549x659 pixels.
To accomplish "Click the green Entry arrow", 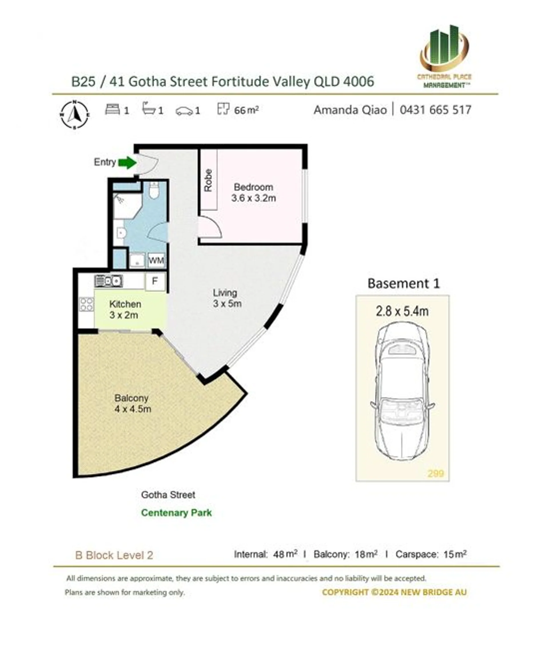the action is [x=127, y=162].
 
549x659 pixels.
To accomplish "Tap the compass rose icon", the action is [x=74, y=114].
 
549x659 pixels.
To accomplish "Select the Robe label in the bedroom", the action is [x=208, y=180].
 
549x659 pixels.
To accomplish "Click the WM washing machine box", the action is [x=156, y=260].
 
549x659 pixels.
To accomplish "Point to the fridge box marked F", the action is [x=155, y=281].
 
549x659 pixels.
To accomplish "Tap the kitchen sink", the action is [x=108, y=281].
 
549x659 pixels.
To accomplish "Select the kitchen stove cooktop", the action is [x=86, y=304].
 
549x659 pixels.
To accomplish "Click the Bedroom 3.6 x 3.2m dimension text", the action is [x=253, y=198].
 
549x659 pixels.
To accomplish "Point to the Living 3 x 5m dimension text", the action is [x=227, y=303].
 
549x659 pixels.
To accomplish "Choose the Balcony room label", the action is [x=131, y=398].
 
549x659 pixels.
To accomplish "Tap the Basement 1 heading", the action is [x=403, y=283].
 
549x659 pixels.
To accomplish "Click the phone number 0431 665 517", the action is [x=435, y=110].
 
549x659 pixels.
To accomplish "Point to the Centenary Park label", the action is [x=176, y=513].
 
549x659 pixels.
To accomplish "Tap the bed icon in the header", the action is [x=112, y=110].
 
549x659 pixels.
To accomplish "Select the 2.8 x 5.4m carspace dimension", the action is [x=402, y=311].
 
